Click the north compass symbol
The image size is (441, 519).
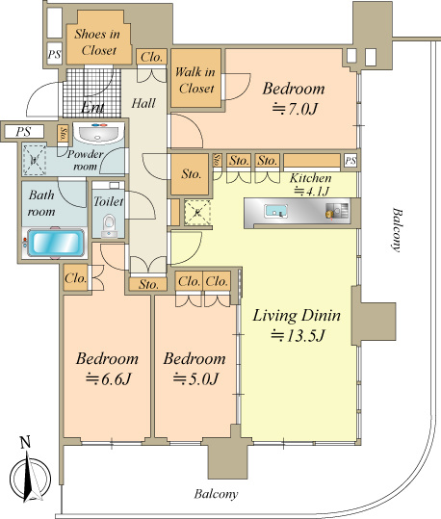coord(31,477)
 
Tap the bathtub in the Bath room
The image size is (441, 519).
coord(55,243)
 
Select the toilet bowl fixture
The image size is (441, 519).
coord(109,226)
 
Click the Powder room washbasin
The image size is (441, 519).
coord(98,133)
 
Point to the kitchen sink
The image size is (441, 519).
coord(275,211)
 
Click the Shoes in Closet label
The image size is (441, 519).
coord(97,42)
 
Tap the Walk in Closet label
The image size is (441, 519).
coord(195,80)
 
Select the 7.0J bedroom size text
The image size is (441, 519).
coord(295,109)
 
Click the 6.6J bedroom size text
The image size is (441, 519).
coord(108,379)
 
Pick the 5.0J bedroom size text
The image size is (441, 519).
coord(195,379)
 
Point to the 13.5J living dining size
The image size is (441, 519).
coord(298,336)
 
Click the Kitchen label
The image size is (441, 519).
coord(311,178)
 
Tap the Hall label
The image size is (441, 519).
coord(143,103)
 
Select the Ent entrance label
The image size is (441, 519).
coord(92,107)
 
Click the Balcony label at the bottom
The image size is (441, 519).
coord(216,495)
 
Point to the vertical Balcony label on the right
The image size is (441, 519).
coord(396,229)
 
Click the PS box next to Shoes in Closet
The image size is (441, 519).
coord(54,54)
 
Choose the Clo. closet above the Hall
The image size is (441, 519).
coord(151,57)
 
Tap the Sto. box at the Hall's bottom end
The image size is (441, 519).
coord(148,284)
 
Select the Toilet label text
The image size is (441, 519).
coord(108,201)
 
